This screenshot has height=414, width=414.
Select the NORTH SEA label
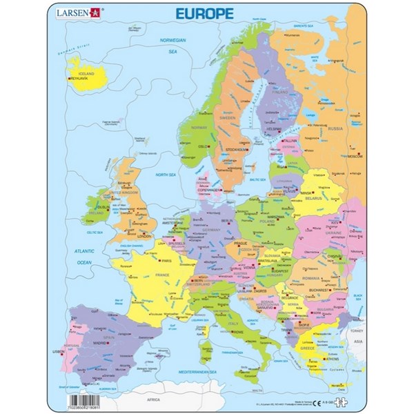[x=166, y=175]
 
